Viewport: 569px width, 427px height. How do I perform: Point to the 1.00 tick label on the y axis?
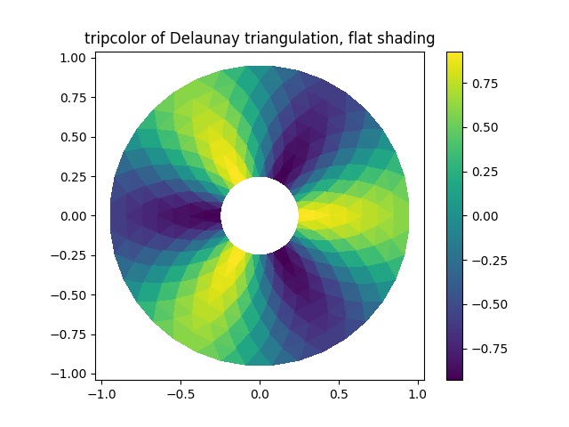coord(75,57)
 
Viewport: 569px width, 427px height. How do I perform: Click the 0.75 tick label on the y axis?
coord(75,97)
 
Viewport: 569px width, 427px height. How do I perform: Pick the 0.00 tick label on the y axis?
coord(75,215)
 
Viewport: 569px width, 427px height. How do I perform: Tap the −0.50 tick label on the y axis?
coord(70,294)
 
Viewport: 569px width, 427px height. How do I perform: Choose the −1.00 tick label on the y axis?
coord(70,374)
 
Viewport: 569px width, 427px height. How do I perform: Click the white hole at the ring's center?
coord(260,215)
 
